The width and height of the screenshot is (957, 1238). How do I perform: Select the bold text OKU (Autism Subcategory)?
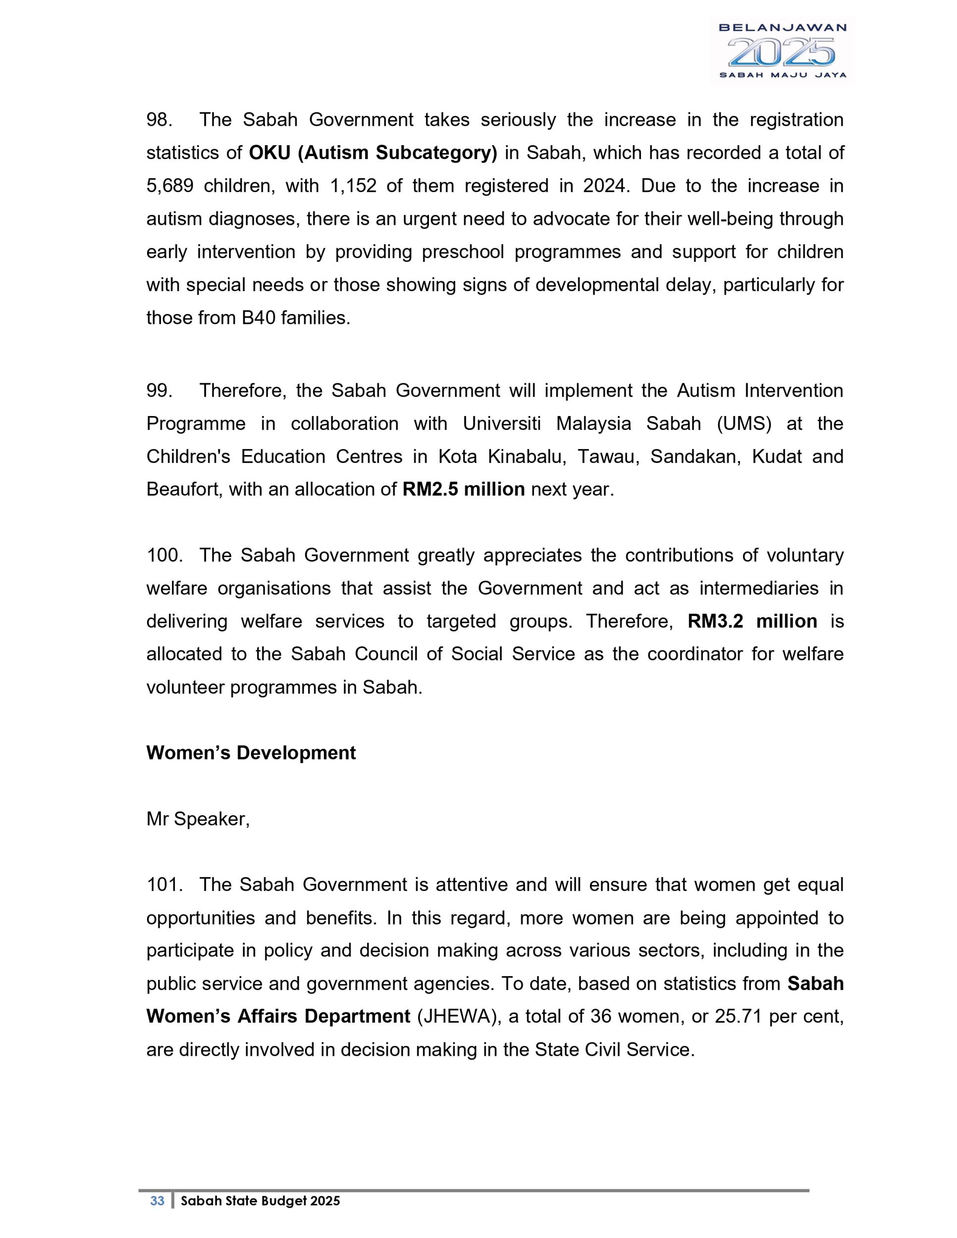click(x=372, y=153)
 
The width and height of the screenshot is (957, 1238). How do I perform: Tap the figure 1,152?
click(x=353, y=186)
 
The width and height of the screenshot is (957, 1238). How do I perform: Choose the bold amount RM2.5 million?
click(x=463, y=489)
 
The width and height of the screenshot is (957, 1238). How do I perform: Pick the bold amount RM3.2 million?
click(x=752, y=621)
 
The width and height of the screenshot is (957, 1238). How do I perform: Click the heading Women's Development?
click(x=251, y=753)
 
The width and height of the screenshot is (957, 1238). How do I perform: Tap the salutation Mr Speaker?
click(x=198, y=819)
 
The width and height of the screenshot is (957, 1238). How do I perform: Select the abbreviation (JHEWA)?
click(x=459, y=1016)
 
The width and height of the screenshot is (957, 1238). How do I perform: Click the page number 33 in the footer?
click(x=157, y=1200)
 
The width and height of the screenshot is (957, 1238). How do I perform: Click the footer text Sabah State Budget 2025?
click(x=260, y=1200)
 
